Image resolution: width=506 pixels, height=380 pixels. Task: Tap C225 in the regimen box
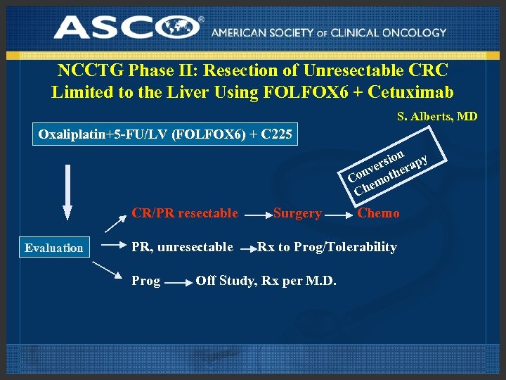click(x=276, y=134)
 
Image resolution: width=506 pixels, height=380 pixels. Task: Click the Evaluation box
click(x=54, y=247)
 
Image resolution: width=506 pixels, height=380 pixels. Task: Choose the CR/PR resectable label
click(x=185, y=213)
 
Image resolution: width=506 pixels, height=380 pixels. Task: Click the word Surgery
click(x=297, y=213)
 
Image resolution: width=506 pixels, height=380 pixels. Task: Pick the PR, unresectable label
click(x=182, y=246)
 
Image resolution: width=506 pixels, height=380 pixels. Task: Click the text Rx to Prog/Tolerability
click(x=327, y=246)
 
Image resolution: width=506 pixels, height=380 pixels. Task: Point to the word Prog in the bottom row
click(x=146, y=281)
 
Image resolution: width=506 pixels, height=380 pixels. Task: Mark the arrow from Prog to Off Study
click(x=178, y=282)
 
